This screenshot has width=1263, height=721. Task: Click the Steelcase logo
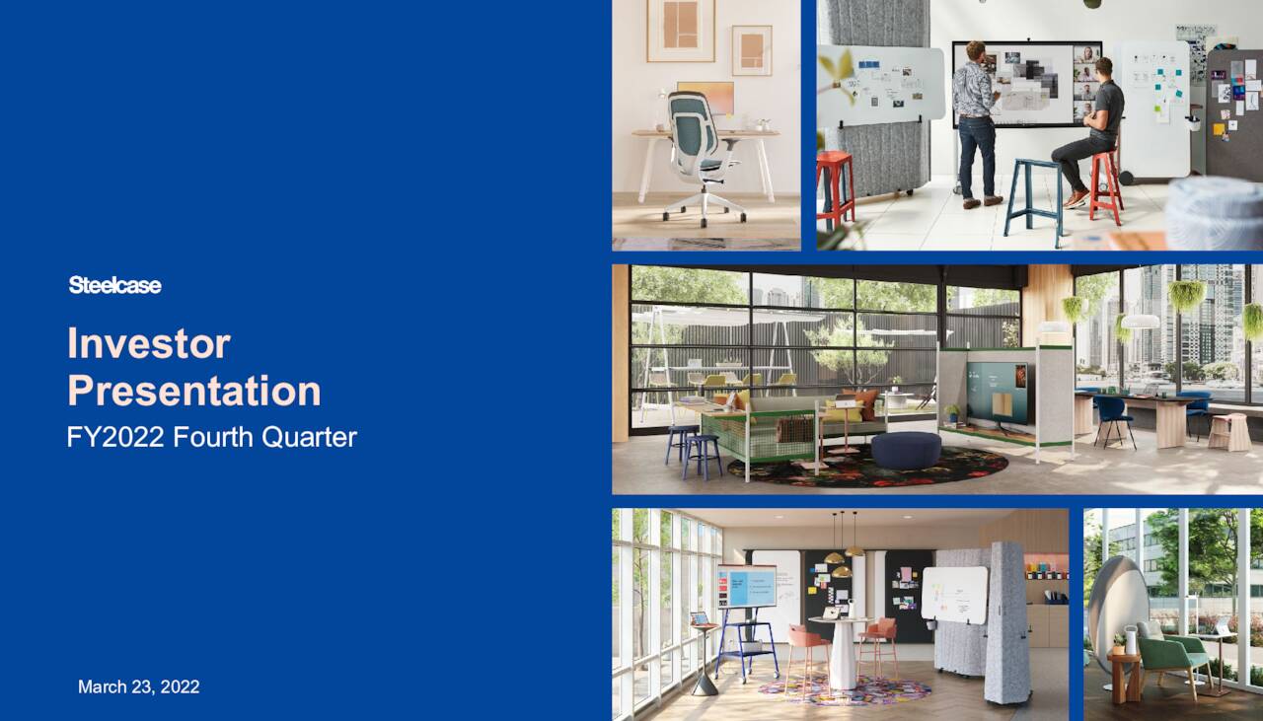point(114,285)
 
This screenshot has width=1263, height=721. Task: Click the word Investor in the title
point(149,343)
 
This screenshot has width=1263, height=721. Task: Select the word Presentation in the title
point(194,391)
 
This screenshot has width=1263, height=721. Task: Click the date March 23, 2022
point(138,686)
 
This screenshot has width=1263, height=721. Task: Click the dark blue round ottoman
point(904,450)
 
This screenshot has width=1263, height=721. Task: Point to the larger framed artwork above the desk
point(681,30)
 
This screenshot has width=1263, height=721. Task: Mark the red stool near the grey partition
point(835,187)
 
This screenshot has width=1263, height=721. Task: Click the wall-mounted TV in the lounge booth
point(998,386)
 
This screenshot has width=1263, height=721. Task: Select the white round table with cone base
point(840,651)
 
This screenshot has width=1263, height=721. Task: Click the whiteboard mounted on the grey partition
point(953,593)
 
